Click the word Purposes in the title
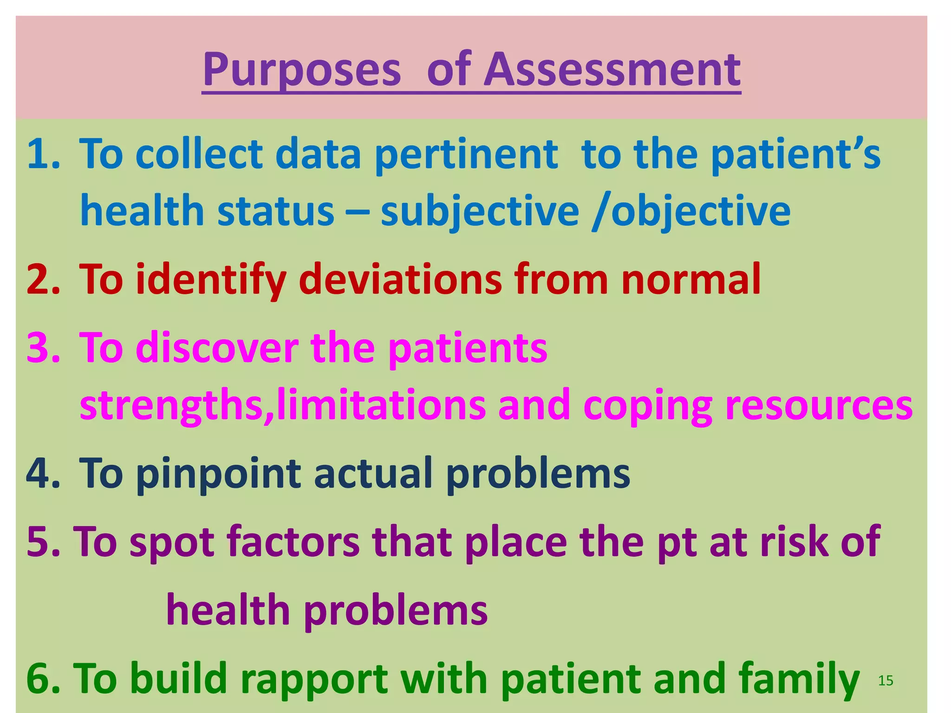pyautogui.click(x=302, y=71)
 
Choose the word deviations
pyautogui.click(x=400, y=279)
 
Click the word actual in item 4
pyautogui.click(x=373, y=473)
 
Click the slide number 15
pyautogui.click(x=886, y=681)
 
